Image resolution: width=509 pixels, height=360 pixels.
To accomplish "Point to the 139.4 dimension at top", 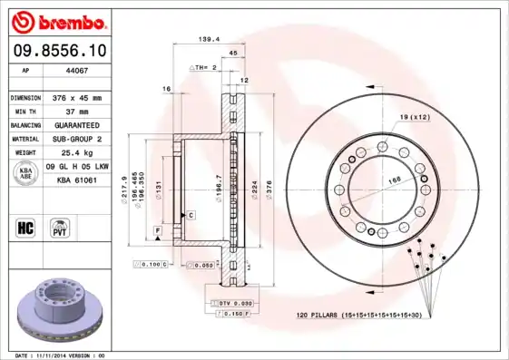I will point(210,40).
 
